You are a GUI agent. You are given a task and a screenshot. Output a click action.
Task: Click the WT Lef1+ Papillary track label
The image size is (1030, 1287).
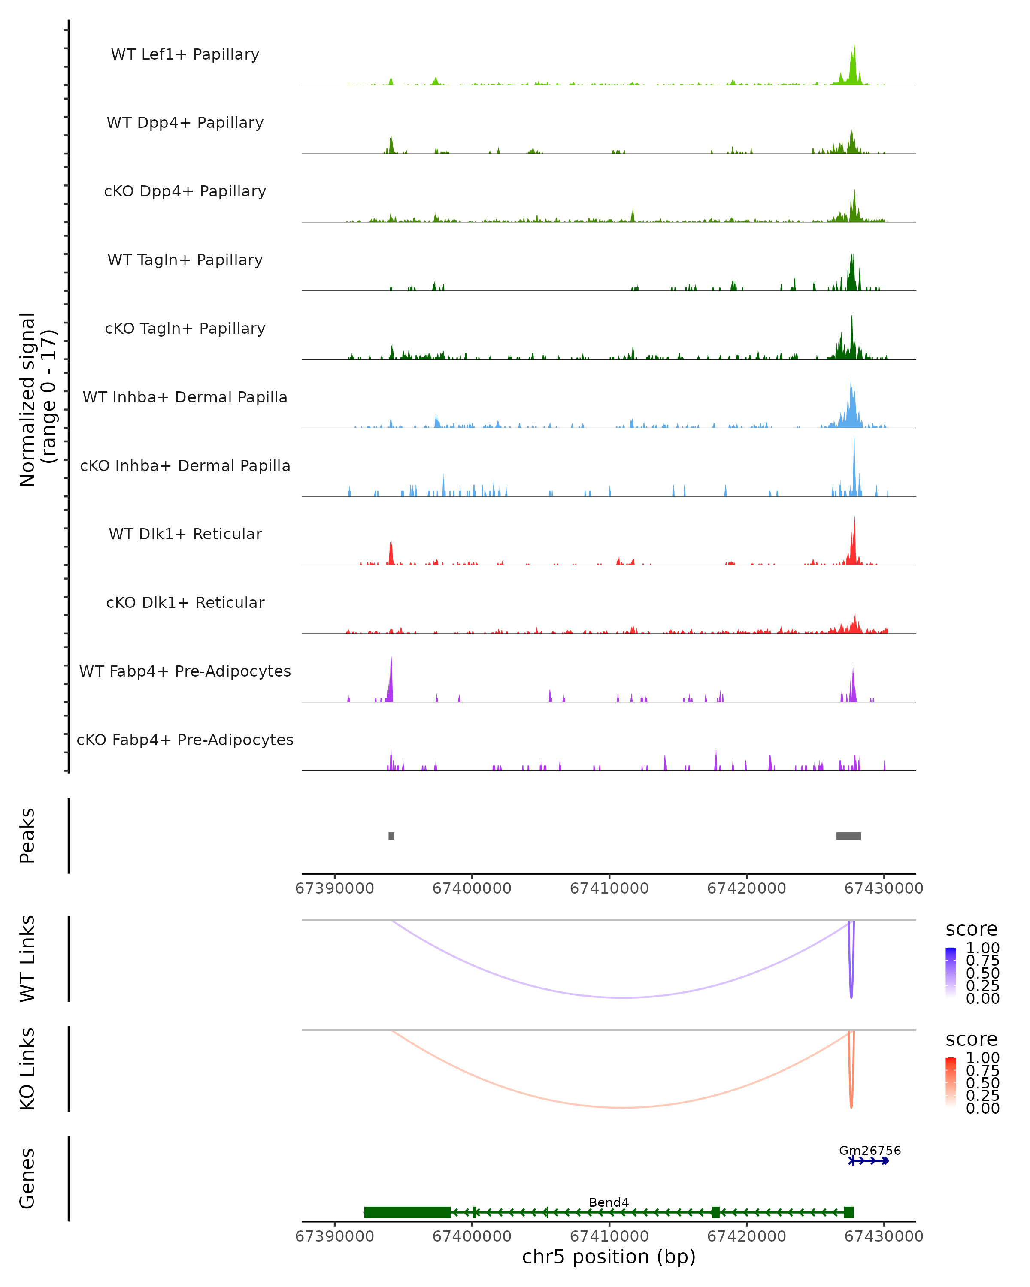point(185,54)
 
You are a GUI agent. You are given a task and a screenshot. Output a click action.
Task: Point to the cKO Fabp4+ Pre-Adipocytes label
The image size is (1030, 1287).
point(185,740)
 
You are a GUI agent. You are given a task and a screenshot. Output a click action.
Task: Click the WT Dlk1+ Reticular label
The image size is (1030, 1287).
point(185,534)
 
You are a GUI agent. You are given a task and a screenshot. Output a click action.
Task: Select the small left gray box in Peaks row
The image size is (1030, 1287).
point(391,836)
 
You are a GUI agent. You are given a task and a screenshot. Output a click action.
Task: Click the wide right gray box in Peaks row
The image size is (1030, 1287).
point(848,836)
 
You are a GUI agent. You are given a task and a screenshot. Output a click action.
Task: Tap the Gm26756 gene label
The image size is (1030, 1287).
point(870,1150)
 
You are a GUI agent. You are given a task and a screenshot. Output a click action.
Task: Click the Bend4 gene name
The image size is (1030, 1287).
point(609,1202)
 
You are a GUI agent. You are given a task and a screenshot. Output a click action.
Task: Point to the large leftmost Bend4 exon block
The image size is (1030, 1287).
point(407,1212)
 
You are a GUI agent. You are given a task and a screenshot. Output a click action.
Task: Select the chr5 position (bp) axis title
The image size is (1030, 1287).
point(609,1257)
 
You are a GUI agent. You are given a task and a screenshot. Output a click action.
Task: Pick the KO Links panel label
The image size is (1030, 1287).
point(27,1069)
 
